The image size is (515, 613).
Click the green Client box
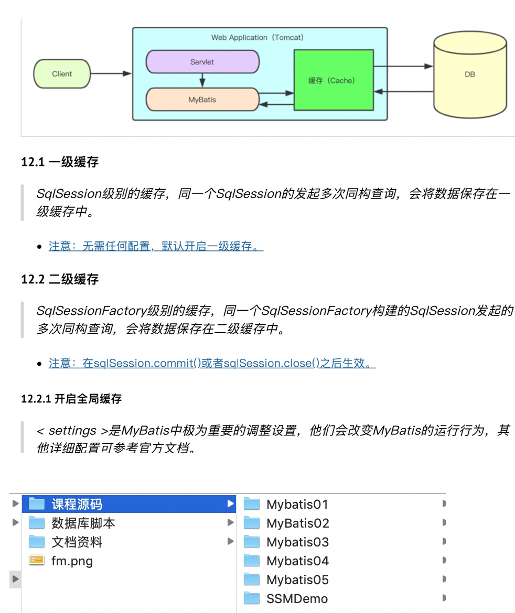(62, 74)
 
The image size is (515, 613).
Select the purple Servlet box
(202, 62)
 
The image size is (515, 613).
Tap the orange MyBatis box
(202, 100)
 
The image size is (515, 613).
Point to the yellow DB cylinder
(470, 75)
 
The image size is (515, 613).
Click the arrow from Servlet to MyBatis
(202, 80)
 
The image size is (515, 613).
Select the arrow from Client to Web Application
(111, 74)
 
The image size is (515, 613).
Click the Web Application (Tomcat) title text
(257, 38)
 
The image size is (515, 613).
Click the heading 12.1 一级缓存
(60, 162)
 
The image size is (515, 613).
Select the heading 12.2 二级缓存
(60, 279)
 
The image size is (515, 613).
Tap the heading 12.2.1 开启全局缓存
(71, 399)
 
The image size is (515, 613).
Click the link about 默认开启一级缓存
(156, 246)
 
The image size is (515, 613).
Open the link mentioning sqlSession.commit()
(212, 363)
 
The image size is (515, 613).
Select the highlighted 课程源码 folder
(77, 505)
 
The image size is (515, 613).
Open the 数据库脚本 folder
(83, 523)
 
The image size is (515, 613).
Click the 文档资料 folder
(77, 542)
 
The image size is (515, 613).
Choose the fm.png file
(72, 561)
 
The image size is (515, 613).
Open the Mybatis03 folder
(297, 542)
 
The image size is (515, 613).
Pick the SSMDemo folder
(297, 599)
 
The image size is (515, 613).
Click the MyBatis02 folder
(297, 523)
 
